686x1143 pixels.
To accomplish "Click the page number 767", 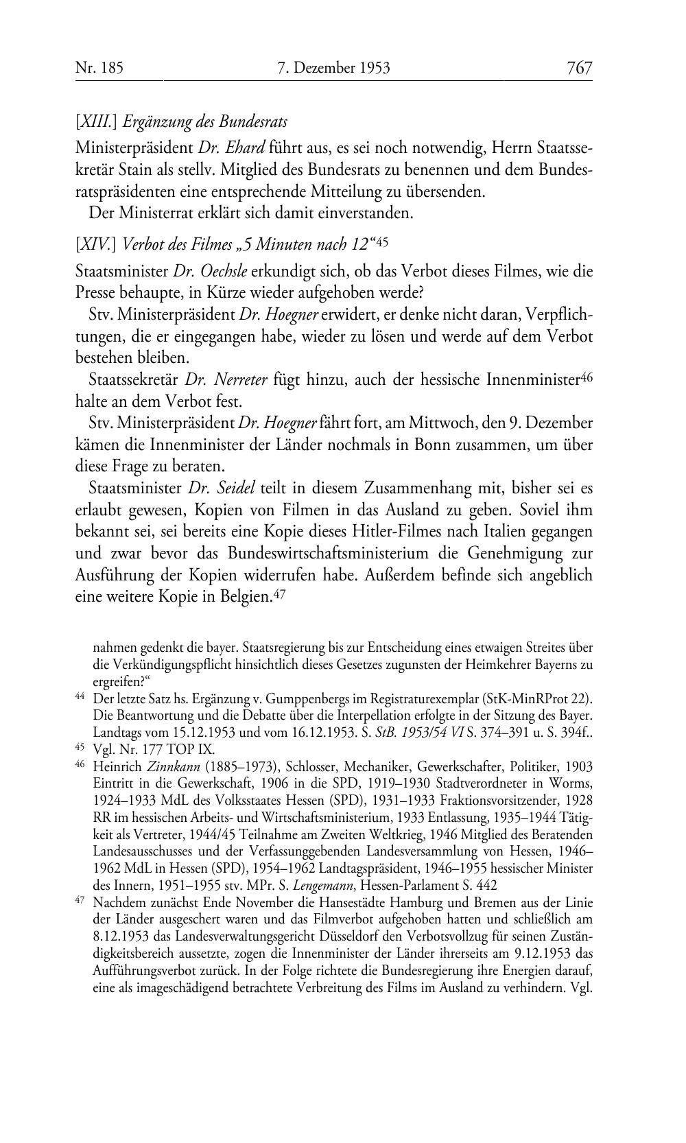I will coord(579,68).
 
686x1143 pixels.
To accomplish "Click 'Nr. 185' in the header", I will coord(99,68).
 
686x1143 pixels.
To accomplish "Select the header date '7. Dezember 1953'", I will coord(333,68).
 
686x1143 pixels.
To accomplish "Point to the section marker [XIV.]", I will coord(97,243).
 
